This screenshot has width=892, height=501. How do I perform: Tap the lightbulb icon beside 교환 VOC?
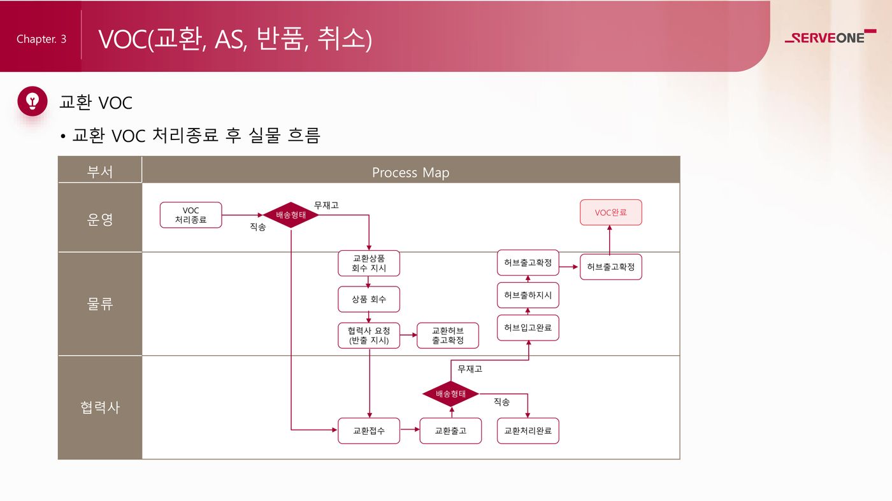(x=32, y=101)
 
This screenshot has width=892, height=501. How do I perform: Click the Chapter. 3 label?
(x=41, y=39)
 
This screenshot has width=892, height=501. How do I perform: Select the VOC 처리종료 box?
(x=191, y=215)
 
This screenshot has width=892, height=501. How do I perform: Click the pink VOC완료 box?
(x=610, y=213)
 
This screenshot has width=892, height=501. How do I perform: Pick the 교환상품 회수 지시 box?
(x=369, y=264)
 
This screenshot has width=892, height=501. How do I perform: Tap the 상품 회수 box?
(x=369, y=299)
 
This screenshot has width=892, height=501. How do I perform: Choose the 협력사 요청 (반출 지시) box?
(x=369, y=335)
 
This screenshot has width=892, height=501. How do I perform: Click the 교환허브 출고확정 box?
(x=447, y=335)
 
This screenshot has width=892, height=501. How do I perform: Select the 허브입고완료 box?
(x=528, y=328)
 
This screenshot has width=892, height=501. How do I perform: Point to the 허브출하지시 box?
(x=528, y=295)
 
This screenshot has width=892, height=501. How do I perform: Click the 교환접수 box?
(x=369, y=431)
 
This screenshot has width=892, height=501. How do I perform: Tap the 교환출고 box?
(x=450, y=431)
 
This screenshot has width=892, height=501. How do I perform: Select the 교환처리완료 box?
(x=528, y=431)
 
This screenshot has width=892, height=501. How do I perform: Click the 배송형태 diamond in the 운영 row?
(x=291, y=215)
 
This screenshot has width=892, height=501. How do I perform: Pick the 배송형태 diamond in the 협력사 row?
(x=450, y=394)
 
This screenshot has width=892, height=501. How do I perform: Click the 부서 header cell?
(x=100, y=172)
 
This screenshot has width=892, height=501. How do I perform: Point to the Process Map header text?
(x=410, y=173)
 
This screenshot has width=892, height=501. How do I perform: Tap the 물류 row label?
(x=100, y=304)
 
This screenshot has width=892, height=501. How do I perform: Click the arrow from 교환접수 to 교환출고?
(x=410, y=431)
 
